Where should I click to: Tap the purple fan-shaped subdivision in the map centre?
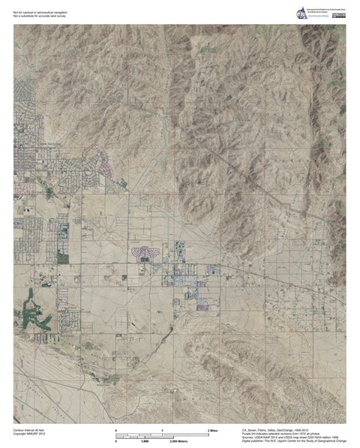point(145,253)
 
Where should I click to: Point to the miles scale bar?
point(163,433)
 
